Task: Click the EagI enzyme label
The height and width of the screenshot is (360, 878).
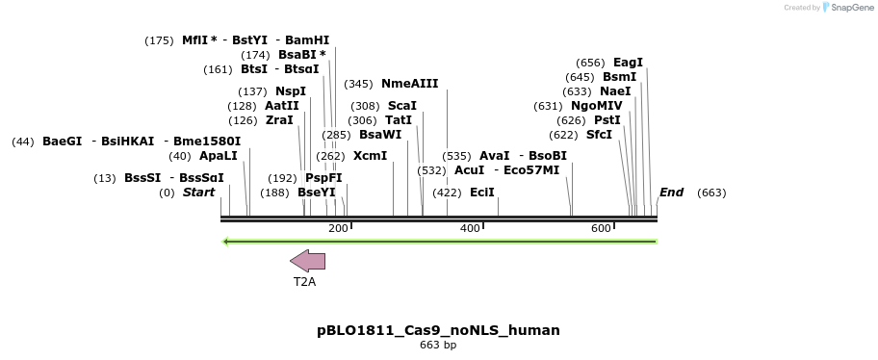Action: [x=628, y=63]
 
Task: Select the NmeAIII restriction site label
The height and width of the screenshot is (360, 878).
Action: [x=409, y=84]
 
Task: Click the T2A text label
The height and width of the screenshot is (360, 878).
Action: [x=304, y=282]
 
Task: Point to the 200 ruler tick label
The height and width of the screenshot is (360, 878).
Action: [x=338, y=228]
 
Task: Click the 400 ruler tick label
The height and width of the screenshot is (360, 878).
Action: [x=470, y=228]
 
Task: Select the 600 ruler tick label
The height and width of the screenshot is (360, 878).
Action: [x=602, y=228]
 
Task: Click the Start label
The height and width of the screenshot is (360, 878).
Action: [x=198, y=193]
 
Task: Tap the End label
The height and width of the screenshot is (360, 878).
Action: [x=671, y=193]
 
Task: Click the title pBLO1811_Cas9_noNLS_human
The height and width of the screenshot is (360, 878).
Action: [x=438, y=330]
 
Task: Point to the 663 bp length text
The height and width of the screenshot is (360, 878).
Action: [x=438, y=346]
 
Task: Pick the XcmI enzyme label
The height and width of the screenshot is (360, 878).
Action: [x=370, y=156]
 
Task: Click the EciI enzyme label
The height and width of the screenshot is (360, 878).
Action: [x=481, y=193]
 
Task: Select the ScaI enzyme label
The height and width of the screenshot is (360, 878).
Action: [x=401, y=106]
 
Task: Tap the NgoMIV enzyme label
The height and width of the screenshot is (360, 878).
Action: [x=596, y=106]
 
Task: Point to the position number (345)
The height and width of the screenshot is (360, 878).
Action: [x=358, y=84]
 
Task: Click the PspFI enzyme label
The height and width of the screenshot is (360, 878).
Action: [x=323, y=178]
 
